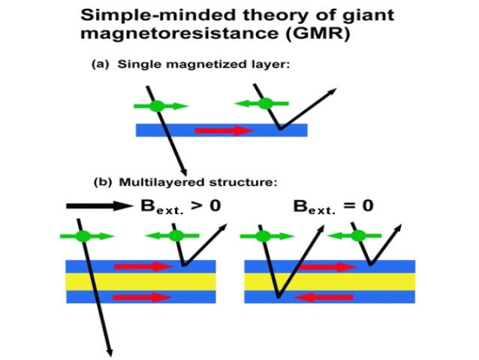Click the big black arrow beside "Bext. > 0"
pyautogui.click(x=98, y=204)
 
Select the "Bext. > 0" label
pyautogui.click(x=180, y=204)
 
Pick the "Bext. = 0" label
pyautogui.click(x=330, y=204)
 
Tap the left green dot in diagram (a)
pyautogui.click(x=156, y=106)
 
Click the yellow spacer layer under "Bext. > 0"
pyautogui.click(x=140, y=281)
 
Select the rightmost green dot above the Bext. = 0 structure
pyautogui.click(x=359, y=236)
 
